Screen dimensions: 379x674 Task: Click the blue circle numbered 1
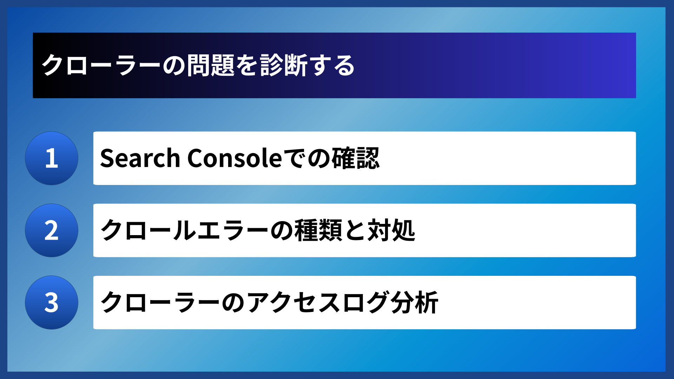(x=52, y=158)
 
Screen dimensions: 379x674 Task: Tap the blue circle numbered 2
(x=52, y=231)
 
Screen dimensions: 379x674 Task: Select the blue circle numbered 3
(x=52, y=302)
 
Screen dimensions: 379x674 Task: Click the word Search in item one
(x=140, y=158)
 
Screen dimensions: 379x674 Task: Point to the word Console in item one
(x=234, y=158)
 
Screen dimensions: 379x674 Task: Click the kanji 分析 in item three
(x=414, y=302)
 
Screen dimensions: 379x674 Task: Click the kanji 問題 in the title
(x=211, y=65)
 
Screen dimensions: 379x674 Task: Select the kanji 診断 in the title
(x=284, y=65)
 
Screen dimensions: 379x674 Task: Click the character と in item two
(x=355, y=231)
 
